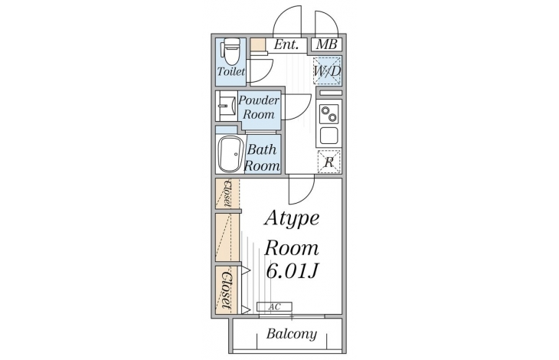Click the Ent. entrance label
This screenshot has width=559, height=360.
(286, 44)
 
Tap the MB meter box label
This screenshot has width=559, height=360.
(326, 44)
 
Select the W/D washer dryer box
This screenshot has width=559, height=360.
(326, 71)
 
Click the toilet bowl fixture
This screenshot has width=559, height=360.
(230, 52)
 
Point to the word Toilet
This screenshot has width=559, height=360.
(230, 71)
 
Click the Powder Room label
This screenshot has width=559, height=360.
(258, 107)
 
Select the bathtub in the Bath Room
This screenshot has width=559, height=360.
(229, 154)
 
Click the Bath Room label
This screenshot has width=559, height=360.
(261, 157)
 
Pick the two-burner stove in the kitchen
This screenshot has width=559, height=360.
(329, 115)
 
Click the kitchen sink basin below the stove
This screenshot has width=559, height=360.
(329, 136)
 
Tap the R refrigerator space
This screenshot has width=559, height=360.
(329, 162)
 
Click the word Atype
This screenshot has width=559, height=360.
(292, 218)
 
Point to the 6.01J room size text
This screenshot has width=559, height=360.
(292, 271)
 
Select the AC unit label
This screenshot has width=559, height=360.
(274, 307)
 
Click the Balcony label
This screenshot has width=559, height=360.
(292, 334)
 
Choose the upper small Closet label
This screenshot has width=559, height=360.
(227, 192)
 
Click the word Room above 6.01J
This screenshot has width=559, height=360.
(292, 247)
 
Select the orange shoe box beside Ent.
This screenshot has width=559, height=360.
(257, 44)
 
